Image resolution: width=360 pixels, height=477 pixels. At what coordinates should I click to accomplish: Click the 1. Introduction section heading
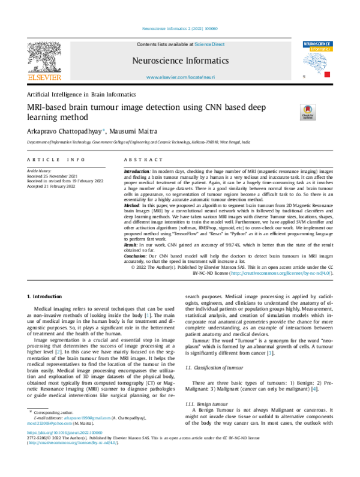coord(45,296)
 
